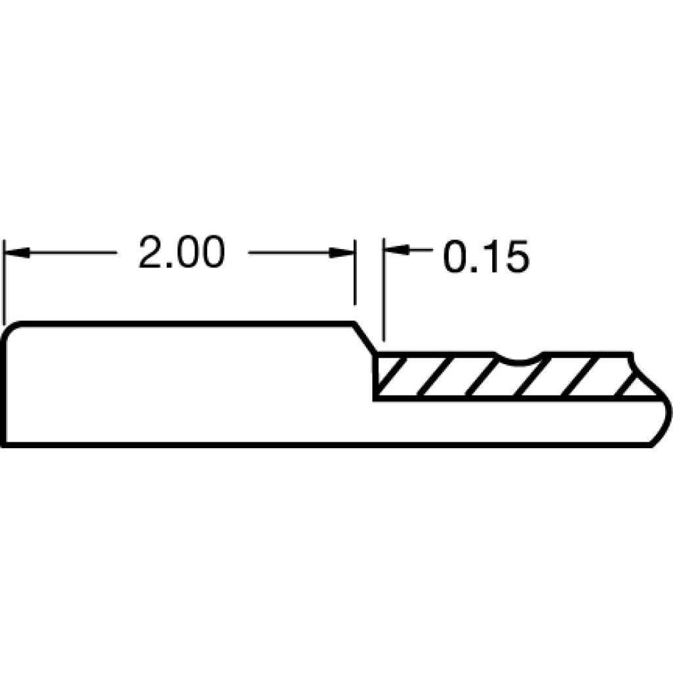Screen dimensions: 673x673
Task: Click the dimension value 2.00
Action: coord(181,252)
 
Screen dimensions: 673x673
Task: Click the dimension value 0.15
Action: coord(486,256)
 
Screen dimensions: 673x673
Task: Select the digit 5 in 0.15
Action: coord(518,257)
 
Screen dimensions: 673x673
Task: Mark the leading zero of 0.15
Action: coord(455,256)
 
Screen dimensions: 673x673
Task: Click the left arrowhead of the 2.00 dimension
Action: coord(16,252)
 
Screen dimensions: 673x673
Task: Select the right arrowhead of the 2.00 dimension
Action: coord(341,252)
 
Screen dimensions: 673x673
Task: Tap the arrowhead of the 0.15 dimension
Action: coord(396,249)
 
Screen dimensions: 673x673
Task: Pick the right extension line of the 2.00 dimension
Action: coord(354,272)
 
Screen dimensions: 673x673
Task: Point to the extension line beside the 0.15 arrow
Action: coord(384,290)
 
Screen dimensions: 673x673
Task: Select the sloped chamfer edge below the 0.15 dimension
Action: coord(365,337)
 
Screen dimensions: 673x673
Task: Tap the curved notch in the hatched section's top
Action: coord(519,359)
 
